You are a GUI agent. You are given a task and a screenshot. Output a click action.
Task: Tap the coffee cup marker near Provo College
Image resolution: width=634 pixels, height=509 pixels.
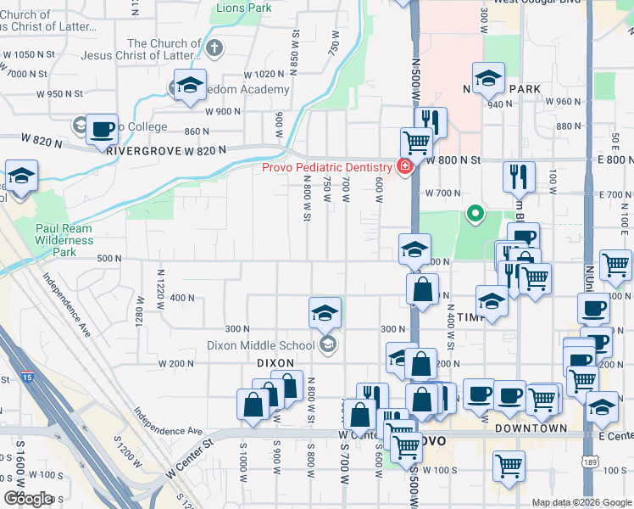[x=103, y=130]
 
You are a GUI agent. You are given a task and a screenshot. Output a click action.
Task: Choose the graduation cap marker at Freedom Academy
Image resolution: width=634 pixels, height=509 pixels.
[x=191, y=85]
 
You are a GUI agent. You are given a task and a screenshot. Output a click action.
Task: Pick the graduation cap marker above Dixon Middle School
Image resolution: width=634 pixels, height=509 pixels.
[x=325, y=313]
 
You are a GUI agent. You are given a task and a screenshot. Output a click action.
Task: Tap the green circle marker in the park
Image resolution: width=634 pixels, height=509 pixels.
[x=475, y=214]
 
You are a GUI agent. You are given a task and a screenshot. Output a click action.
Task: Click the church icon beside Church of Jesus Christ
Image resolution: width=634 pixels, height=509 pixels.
[x=215, y=48]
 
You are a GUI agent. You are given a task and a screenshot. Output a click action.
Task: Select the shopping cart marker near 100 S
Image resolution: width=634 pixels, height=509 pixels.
[x=509, y=465]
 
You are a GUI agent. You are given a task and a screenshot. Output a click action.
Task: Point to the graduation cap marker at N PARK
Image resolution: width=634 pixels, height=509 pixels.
[x=488, y=79]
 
